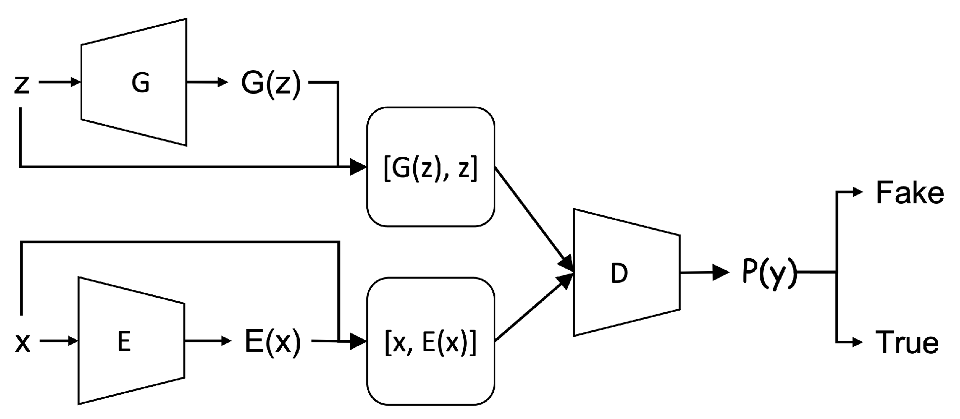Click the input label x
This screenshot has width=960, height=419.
(x=23, y=342)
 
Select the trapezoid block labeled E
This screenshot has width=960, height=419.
(x=131, y=341)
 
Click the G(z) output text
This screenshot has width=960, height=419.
(x=270, y=85)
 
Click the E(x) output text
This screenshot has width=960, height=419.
(x=272, y=342)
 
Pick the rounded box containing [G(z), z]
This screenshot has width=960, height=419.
(x=430, y=167)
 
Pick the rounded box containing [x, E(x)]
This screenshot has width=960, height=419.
(x=430, y=342)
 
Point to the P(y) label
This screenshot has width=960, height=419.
(x=769, y=273)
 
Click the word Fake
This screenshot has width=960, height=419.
(x=909, y=193)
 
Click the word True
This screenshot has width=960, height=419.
(x=907, y=342)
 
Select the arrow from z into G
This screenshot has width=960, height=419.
(x=59, y=83)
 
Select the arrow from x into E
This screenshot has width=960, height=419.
(x=59, y=341)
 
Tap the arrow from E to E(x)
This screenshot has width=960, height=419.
(x=207, y=341)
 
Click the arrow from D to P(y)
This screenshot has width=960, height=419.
(x=704, y=272)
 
